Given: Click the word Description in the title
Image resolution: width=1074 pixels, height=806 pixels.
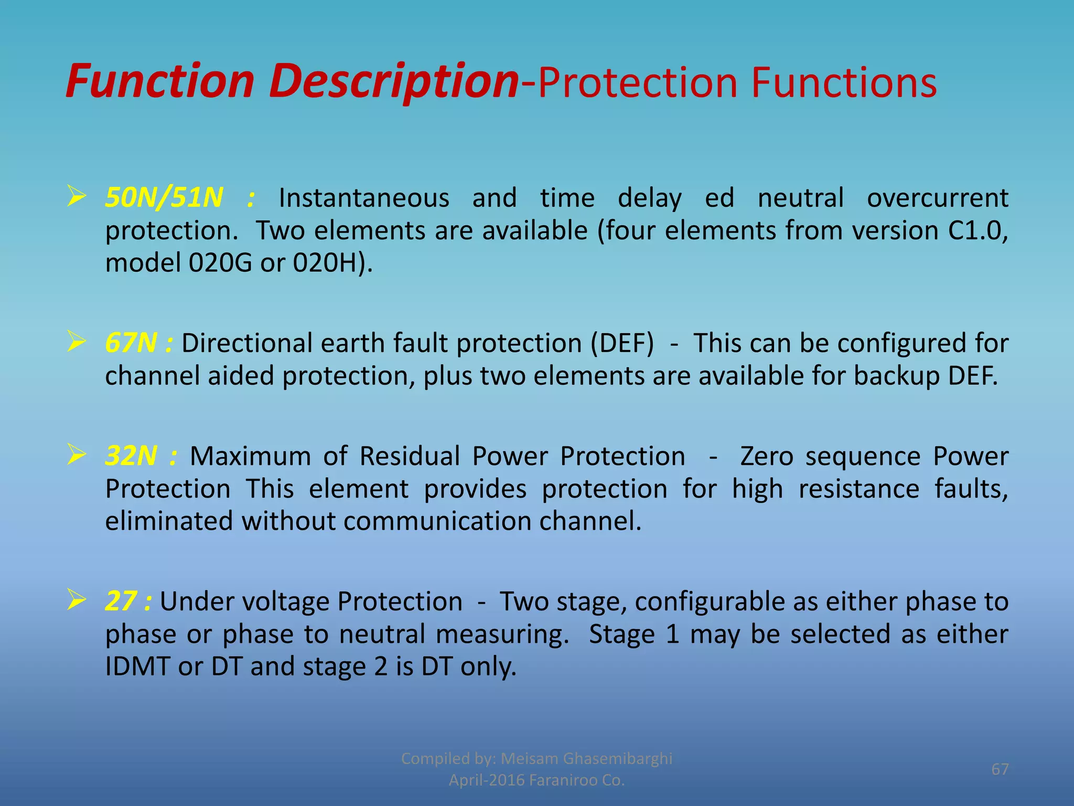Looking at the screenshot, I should [x=393, y=81].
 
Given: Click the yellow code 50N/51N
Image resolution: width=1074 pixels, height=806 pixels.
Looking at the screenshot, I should [x=164, y=198].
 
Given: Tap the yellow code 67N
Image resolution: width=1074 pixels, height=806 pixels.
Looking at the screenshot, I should [x=131, y=343].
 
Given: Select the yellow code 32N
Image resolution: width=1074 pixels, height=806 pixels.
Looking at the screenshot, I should [x=131, y=456].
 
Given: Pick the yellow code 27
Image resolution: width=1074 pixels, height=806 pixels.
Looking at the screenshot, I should [x=121, y=601].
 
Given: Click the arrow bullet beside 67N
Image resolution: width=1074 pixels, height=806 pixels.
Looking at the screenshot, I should [x=77, y=342].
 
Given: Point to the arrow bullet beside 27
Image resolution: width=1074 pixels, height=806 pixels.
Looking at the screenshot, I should [x=77, y=600].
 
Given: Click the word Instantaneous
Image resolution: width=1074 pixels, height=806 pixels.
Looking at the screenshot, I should [x=363, y=198].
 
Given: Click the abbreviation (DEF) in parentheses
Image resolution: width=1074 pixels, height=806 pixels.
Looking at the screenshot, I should [x=622, y=344].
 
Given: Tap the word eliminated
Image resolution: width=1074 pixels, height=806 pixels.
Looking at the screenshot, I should [x=169, y=521].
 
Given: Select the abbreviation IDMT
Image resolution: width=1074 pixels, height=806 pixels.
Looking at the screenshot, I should [x=137, y=667].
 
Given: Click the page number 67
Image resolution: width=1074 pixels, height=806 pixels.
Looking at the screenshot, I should [x=1000, y=769].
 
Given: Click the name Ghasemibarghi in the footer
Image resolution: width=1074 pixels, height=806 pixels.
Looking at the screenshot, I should [x=617, y=759].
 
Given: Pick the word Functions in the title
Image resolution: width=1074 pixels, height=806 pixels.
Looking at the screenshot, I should [x=843, y=82].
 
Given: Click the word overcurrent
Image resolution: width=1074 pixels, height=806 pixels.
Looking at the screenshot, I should [x=937, y=198].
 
